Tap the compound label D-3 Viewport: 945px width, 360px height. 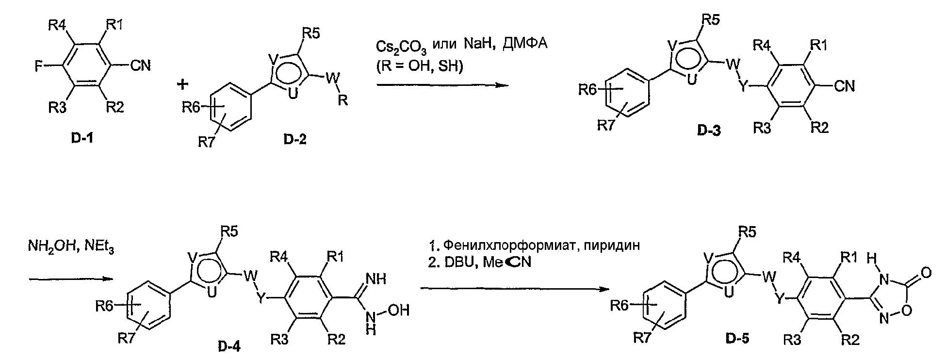[709, 130]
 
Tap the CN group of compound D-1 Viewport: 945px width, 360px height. [141, 65]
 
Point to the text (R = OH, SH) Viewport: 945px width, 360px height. [420, 66]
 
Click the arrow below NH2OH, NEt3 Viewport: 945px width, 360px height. [71, 279]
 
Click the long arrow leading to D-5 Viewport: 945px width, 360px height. [514, 289]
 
